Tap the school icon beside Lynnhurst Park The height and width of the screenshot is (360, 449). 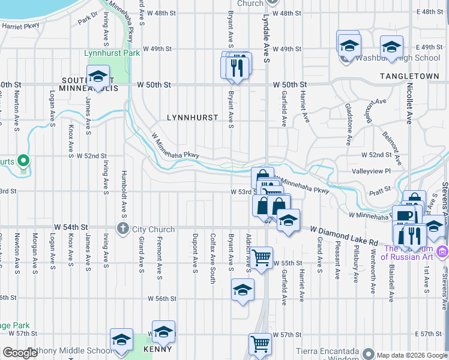(97, 77)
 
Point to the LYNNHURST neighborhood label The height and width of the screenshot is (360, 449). (192, 118)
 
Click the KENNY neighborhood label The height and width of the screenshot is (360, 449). (157, 349)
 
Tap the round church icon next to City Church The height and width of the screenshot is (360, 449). (123, 228)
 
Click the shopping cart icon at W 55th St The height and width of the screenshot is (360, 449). (261, 258)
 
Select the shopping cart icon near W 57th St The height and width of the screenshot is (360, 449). (260, 344)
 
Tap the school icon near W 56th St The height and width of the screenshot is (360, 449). (242, 290)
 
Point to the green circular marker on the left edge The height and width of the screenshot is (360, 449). (23, 161)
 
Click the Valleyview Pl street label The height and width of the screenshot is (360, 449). (372, 171)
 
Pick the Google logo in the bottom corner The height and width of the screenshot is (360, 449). (20, 353)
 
